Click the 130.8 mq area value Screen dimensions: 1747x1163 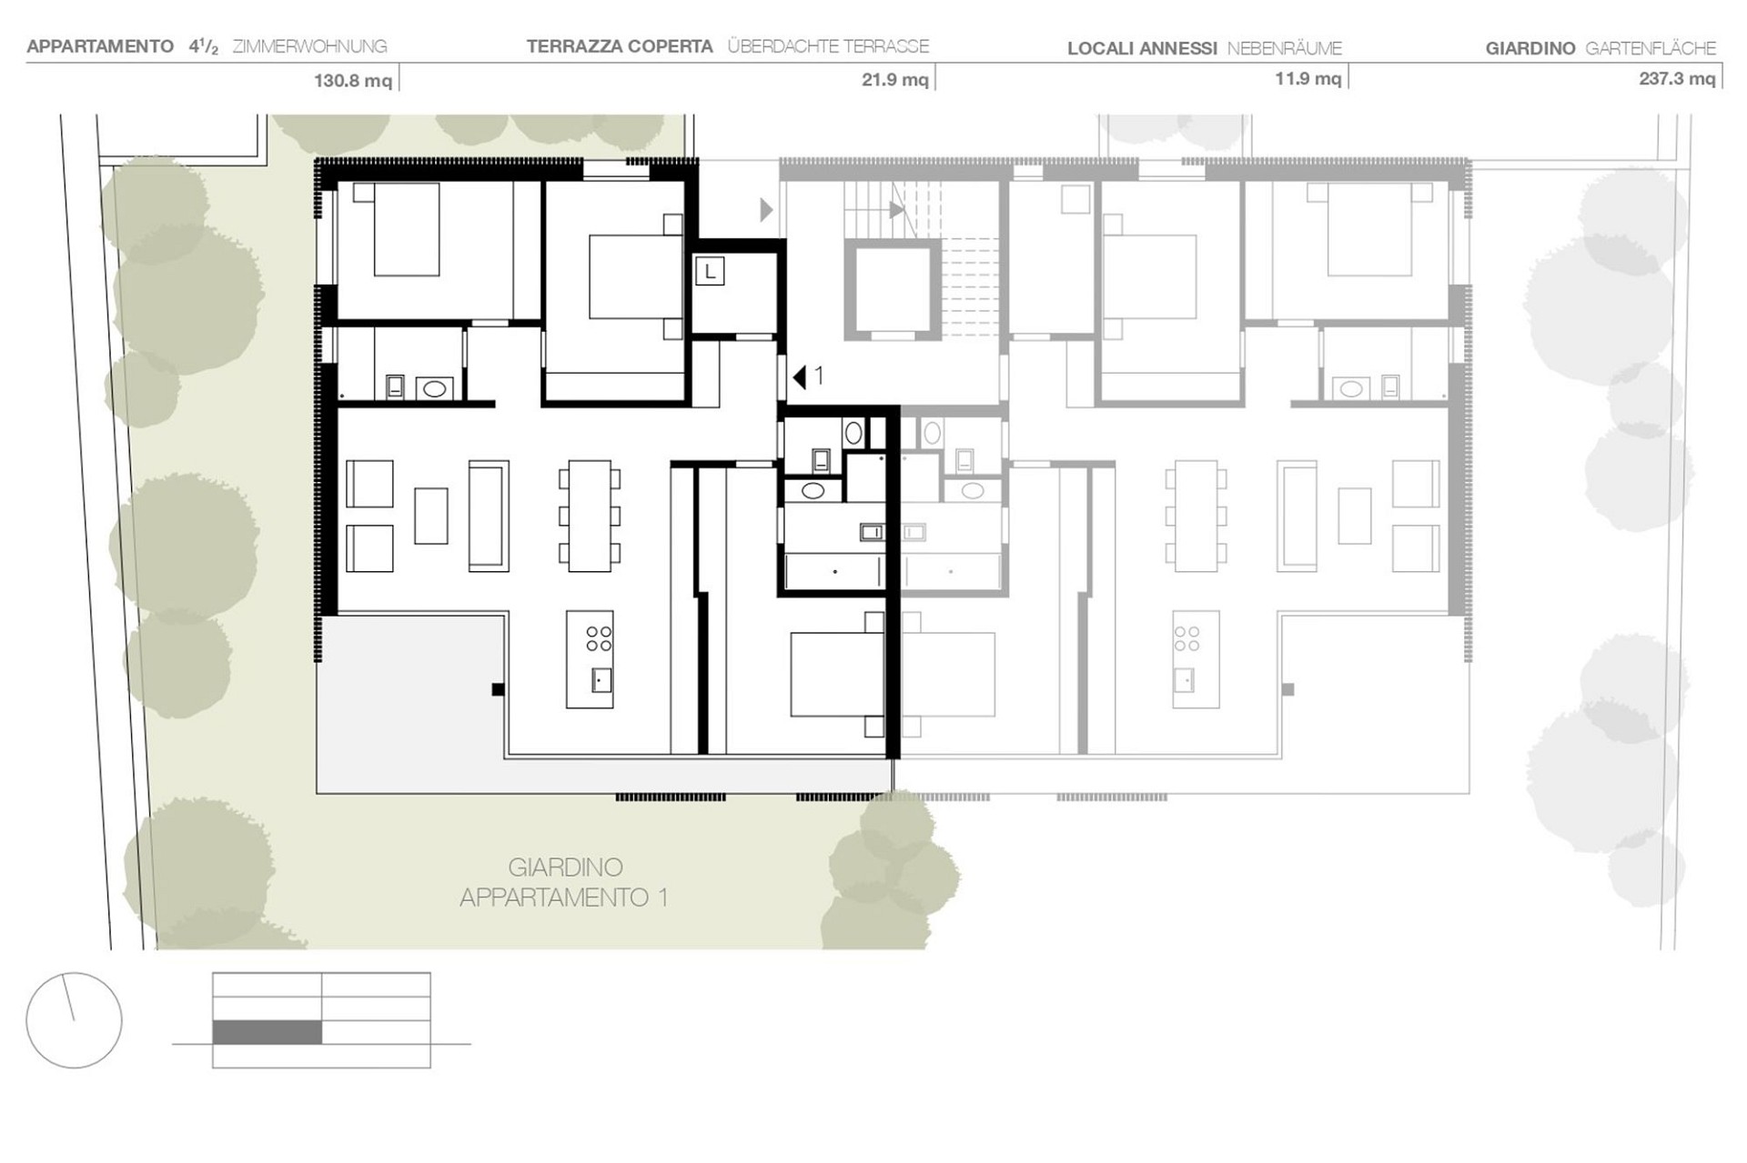pos(353,81)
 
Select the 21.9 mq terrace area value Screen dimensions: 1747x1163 pos(895,80)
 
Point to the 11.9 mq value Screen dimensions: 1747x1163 pos(1308,79)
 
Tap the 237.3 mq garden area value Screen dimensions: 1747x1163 pos(1677,79)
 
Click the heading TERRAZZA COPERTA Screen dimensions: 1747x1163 pos(620,46)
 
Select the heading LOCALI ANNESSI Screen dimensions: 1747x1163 pos(1142,48)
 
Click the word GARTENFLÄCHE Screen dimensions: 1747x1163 pos(1651,48)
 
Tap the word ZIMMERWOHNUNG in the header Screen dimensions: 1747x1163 pos(309,46)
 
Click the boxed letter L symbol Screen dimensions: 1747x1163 pos(710,271)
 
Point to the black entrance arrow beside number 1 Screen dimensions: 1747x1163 pos(799,376)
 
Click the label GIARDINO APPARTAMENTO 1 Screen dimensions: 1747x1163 pos(564,882)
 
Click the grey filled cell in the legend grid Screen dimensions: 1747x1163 pos(267,1032)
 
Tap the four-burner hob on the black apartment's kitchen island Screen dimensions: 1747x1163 pos(599,638)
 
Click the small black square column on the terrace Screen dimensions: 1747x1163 pos(498,690)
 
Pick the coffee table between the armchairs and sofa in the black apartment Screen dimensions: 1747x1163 pos(431,516)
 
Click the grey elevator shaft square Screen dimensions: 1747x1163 pos(893,289)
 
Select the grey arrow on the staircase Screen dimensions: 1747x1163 pos(897,210)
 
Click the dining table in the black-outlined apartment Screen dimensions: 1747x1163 pos(590,516)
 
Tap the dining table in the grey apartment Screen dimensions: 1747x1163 pos(1196,516)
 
